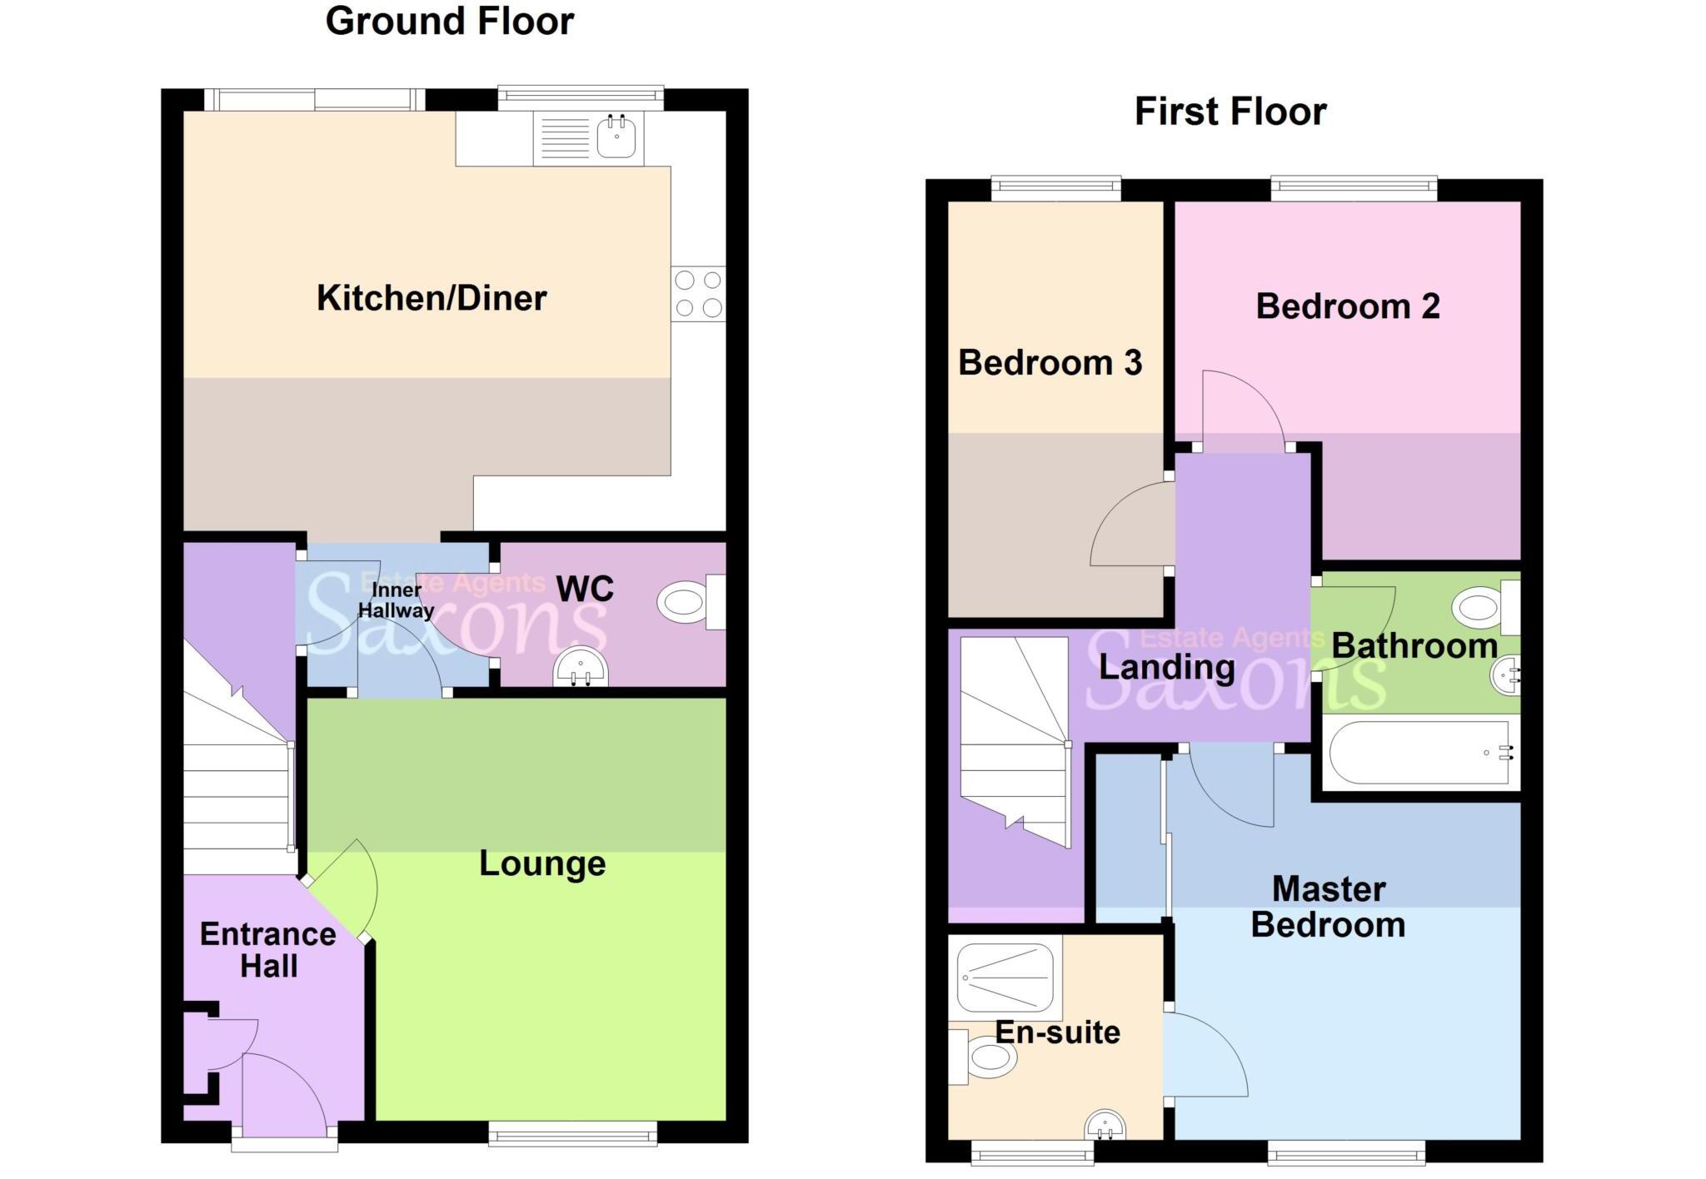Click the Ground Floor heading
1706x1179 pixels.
click(x=449, y=22)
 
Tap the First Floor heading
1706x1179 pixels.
click(x=1230, y=112)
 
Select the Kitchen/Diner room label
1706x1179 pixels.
click(x=431, y=298)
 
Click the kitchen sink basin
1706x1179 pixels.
click(x=616, y=137)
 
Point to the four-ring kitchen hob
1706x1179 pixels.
click(x=698, y=294)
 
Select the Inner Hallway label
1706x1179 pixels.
click(x=396, y=600)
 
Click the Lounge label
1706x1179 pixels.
click(x=542, y=863)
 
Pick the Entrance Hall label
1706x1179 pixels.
click(x=268, y=950)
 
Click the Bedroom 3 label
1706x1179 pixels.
click(x=1050, y=363)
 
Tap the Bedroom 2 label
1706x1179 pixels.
click(x=1347, y=306)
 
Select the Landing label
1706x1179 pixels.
click(x=1166, y=667)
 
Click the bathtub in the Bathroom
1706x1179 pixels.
click(x=1419, y=753)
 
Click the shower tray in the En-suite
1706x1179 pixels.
click(x=1005, y=977)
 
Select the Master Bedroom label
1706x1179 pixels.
click(x=1328, y=908)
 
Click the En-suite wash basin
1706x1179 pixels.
click(x=1105, y=1126)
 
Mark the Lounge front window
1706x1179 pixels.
click(x=572, y=1133)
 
